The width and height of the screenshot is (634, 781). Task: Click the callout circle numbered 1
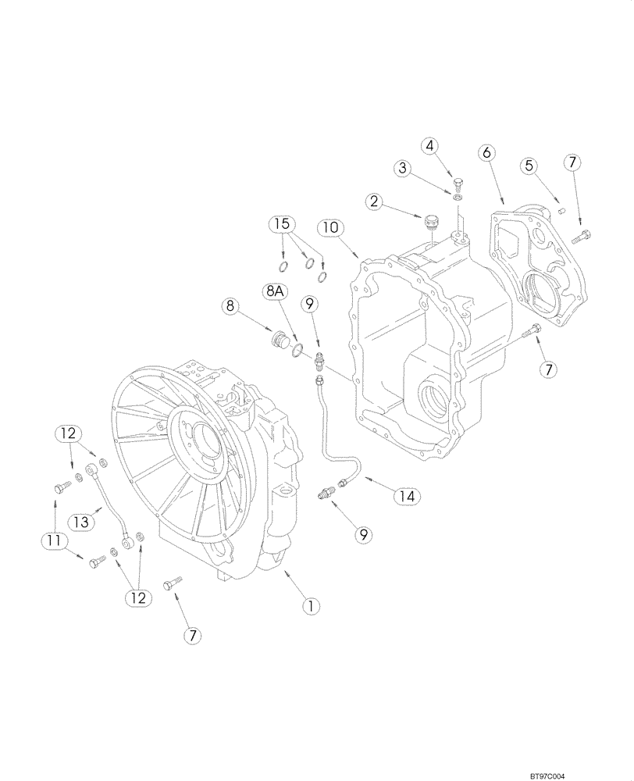tap(310, 605)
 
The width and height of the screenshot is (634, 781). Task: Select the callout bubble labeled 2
tap(375, 201)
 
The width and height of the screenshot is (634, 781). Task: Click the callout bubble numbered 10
tap(330, 228)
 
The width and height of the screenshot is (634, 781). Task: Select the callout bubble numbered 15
tap(283, 225)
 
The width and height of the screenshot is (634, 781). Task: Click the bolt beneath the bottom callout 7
tap(173, 584)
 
